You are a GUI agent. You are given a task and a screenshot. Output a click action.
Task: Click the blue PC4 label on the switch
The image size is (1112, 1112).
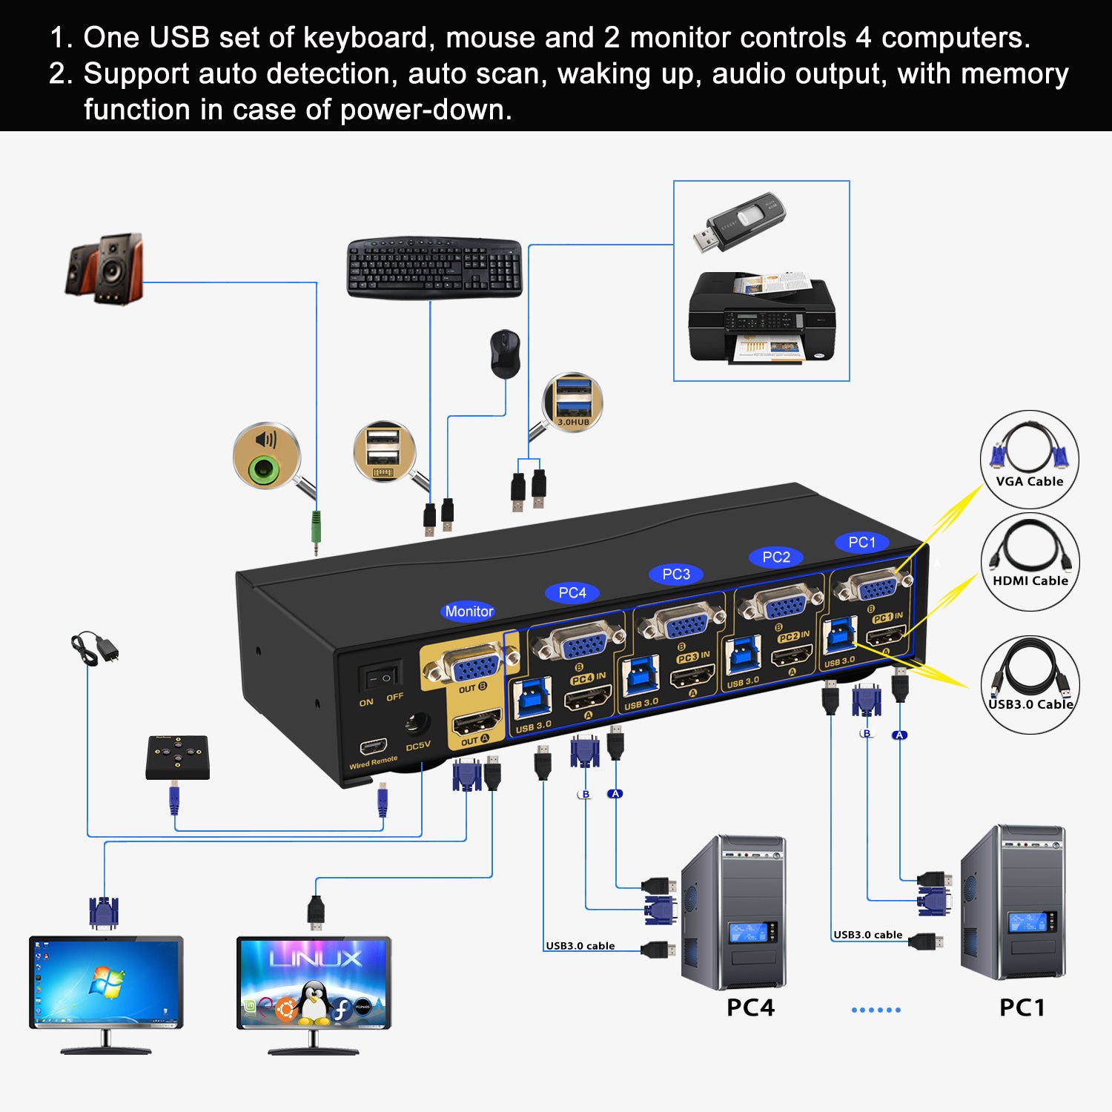tap(572, 592)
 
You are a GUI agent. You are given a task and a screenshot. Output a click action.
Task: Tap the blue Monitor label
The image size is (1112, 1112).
tap(469, 611)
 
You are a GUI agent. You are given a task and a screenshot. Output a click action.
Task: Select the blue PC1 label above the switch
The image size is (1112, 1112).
tap(861, 542)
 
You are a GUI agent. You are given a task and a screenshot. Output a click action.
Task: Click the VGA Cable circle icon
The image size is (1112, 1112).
tap(1029, 459)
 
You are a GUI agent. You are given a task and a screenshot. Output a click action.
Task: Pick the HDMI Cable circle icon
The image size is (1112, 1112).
tap(1030, 561)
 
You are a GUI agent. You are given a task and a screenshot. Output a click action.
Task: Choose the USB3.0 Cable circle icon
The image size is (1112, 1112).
tap(1030, 684)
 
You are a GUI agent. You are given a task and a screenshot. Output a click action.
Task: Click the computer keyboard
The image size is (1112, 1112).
tap(434, 268)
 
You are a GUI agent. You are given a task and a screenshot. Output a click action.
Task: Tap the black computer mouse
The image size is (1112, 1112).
tap(505, 354)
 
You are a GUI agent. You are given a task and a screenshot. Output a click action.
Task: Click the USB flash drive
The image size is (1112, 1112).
tap(738, 222)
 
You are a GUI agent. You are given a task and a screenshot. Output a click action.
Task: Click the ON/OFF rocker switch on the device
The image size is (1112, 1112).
tap(380, 677)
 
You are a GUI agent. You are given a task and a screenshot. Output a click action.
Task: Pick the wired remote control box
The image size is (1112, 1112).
tap(177, 757)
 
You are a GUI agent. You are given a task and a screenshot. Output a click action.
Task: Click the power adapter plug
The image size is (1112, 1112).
tap(96, 649)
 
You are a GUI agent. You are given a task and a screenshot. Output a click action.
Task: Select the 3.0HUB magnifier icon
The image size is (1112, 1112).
tap(572, 402)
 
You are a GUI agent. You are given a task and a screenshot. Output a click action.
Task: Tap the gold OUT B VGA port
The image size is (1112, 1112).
tap(470, 668)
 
